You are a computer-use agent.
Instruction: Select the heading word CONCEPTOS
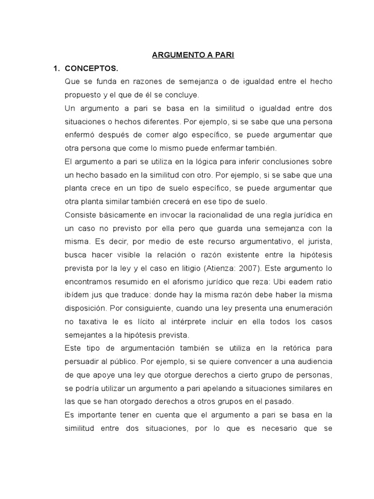(x=92, y=68)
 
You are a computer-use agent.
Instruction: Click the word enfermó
(x=79, y=134)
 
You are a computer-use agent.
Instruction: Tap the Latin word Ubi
(x=282, y=282)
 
